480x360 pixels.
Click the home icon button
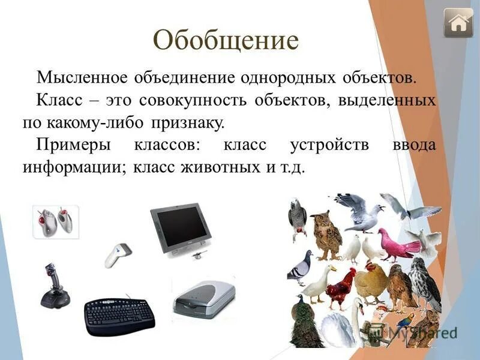coord(458,23)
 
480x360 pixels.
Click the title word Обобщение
coord(226,40)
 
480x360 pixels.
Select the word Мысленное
coord(82,78)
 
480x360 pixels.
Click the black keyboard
coord(119,315)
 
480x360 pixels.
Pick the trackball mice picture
coord(56,222)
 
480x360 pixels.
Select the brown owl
coord(326,234)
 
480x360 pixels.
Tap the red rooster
coord(341,288)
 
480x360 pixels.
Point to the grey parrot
coord(298,218)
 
